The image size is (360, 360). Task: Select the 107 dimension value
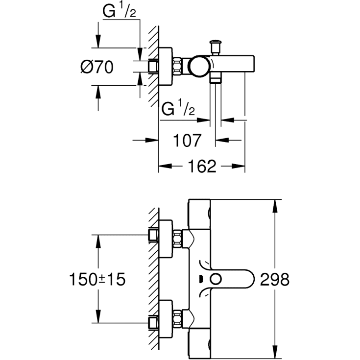pyautogui.click(x=188, y=141)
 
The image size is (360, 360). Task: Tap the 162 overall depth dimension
pyautogui.click(x=201, y=167)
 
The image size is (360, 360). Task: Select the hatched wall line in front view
pyautogui.click(x=153, y=279)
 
